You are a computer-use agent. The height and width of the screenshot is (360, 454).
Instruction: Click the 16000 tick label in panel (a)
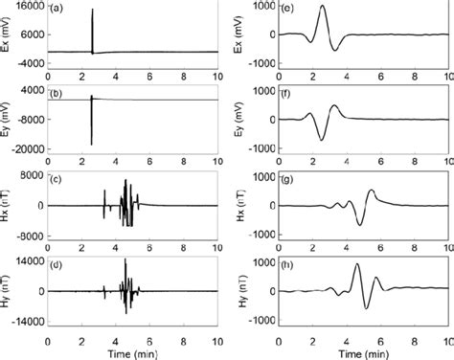(24, 5)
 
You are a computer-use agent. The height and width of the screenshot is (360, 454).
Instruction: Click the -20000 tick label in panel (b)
(22, 149)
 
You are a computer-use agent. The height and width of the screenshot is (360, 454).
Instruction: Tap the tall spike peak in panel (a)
(92, 10)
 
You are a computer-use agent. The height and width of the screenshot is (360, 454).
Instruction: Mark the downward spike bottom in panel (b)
(91, 145)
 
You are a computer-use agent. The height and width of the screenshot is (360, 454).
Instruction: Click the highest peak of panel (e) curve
(322, 6)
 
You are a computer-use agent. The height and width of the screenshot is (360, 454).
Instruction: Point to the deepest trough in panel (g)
(360, 225)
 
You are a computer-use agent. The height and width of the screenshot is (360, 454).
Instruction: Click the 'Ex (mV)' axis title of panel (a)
(7, 33)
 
